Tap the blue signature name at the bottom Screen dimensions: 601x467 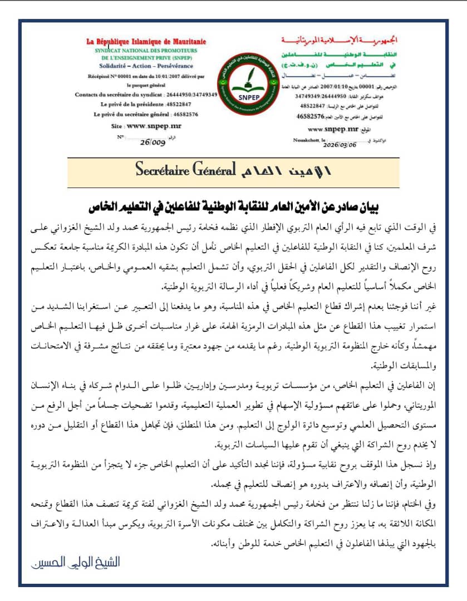click(x=75, y=563)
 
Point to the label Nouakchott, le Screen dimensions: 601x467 click(x=308, y=141)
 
